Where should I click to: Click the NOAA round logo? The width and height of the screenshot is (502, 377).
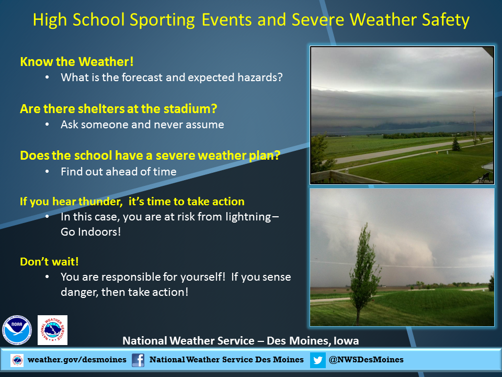[x=17, y=330]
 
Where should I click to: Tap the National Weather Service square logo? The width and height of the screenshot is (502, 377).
[x=52, y=330]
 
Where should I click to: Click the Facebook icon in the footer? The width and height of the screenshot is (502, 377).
[x=138, y=360]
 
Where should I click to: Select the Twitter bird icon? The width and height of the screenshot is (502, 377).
[x=317, y=360]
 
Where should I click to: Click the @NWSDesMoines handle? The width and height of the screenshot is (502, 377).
[x=366, y=360]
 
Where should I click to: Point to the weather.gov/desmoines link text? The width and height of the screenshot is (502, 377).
[x=77, y=360]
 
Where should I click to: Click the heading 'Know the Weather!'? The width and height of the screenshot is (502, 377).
[x=77, y=62]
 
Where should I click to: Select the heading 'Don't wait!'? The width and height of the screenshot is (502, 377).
[x=49, y=262]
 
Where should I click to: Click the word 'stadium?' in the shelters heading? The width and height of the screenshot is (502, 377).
[x=190, y=109]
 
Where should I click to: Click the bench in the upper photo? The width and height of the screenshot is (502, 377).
[x=484, y=178]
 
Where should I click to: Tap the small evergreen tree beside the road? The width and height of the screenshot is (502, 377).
[x=456, y=143]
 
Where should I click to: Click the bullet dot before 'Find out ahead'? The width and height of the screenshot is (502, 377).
[x=47, y=172]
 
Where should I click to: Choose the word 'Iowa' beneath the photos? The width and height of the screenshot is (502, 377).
[x=346, y=341]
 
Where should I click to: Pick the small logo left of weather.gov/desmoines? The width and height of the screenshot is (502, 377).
[x=17, y=360]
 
